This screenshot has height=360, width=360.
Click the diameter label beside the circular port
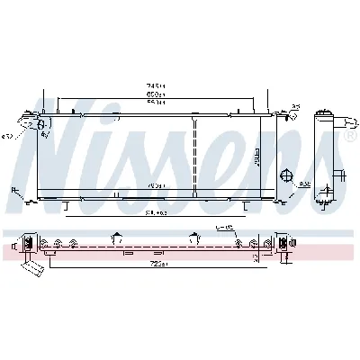click(304, 184)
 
